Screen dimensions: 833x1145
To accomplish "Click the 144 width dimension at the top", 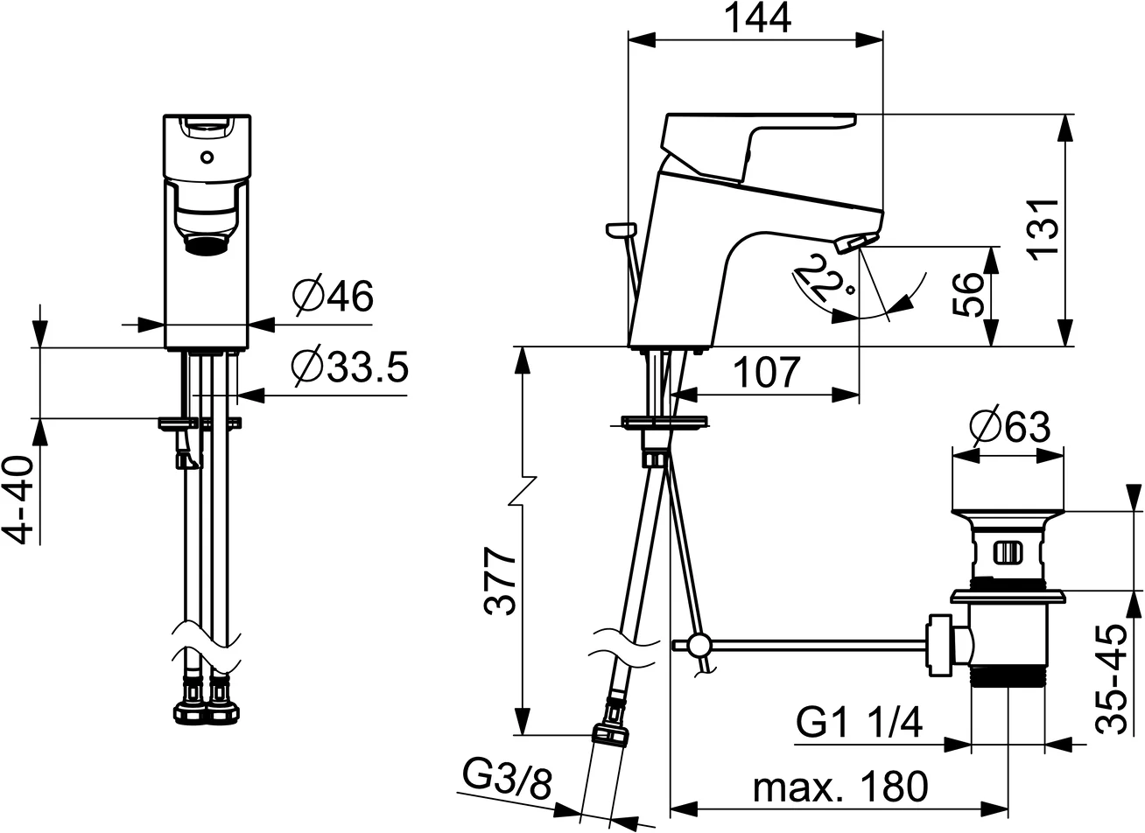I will click(x=756, y=18).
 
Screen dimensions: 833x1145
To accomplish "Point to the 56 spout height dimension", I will click(x=968, y=295).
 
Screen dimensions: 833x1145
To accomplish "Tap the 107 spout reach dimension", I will click(x=766, y=373).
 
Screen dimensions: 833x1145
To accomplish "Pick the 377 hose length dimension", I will click(x=500, y=582).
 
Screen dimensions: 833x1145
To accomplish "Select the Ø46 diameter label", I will click(x=333, y=297).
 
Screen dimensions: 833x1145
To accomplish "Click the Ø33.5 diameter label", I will click(x=349, y=368).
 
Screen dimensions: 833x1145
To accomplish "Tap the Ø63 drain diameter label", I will click(x=1009, y=427).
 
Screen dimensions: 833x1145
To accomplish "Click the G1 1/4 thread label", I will click(x=859, y=724).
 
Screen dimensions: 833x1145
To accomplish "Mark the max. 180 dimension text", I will click(x=840, y=787).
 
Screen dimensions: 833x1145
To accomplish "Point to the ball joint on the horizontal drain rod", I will click(x=699, y=646).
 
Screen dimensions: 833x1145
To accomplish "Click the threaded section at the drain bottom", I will click(x=1007, y=680).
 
